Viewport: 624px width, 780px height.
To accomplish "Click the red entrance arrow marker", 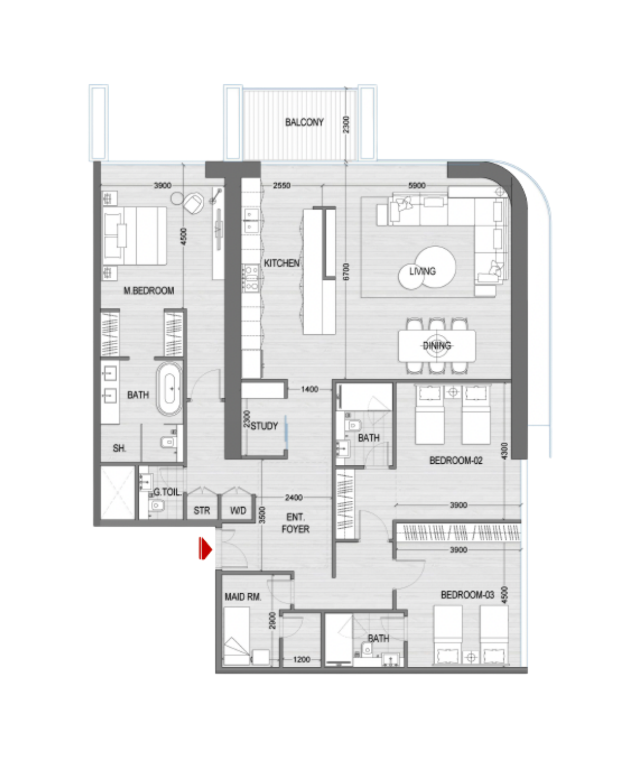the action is tap(205, 548).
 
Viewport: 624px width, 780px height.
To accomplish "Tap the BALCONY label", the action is tap(304, 122).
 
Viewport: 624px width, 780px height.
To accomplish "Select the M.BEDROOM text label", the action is tap(149, 290).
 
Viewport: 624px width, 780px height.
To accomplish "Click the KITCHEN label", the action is tap(281, 263).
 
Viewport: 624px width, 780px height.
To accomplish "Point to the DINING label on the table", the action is tap(437, 345).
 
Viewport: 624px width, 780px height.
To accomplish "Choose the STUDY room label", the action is tap(264, 425).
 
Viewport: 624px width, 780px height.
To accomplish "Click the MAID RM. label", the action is tap(243, 596).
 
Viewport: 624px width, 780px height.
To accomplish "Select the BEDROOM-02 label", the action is tap(456, 460).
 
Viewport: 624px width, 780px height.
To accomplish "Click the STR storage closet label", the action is tap(202, 510).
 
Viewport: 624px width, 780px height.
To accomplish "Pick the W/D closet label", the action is tap(238, 510).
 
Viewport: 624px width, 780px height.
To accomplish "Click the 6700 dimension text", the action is tap(346, 271).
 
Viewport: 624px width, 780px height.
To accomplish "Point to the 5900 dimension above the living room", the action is tap(417, 186).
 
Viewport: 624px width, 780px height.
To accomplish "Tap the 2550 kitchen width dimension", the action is tap(282, 186).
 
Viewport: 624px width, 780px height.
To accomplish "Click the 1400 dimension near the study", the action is tap(309, 389).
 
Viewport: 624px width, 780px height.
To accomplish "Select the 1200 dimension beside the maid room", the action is tap(302, 659).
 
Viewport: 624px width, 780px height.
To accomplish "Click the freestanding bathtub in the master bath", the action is tap(170, 388).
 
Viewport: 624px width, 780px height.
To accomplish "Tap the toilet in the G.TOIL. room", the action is tap(157, 504).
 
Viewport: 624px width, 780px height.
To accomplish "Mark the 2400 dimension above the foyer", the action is tap(294, 497).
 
